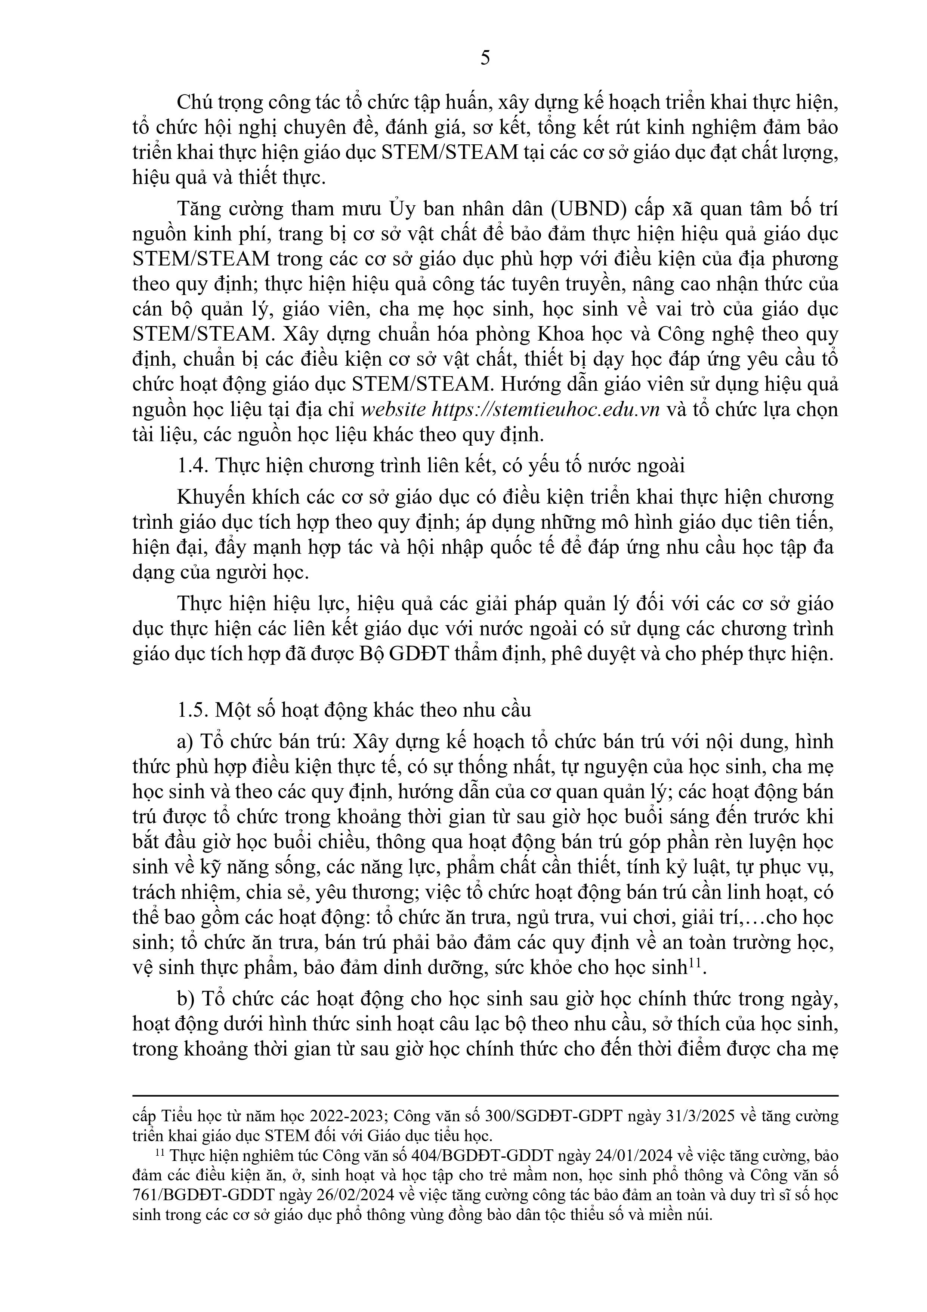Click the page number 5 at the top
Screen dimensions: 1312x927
tap(485, 59)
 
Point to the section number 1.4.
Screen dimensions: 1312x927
tap(193, 466)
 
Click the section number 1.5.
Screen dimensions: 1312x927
tap(193, 710)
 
